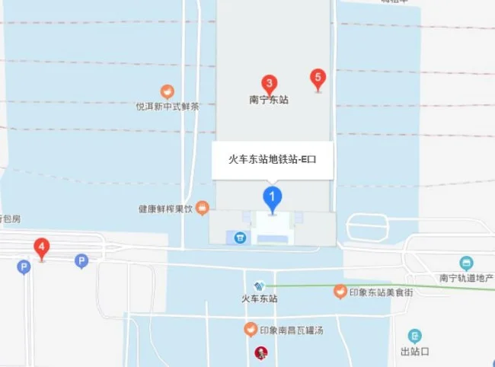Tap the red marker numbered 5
(x=318, y=78)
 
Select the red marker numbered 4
(x=42, y=247)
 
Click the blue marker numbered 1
(x=273, y=197)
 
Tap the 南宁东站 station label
(x=269, y=100)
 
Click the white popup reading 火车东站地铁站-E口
(x=272, y=160)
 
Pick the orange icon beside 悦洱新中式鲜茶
(x=167, y=92)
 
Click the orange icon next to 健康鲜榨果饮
(x=203, y=206)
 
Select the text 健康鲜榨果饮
(x=166, y=207)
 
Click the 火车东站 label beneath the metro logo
(x=259, y=298)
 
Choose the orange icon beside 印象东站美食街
(x=340, y=292)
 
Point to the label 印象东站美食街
(x=381, y=292)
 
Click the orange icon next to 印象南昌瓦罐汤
(x=250, y=330)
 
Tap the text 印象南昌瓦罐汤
(x=292, y=330)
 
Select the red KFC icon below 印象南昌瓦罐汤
(x=260, y=353)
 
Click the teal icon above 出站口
(x=414, y=336)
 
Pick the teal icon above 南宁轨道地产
(x=466, y=263)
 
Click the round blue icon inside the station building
(x=240, y=238)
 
